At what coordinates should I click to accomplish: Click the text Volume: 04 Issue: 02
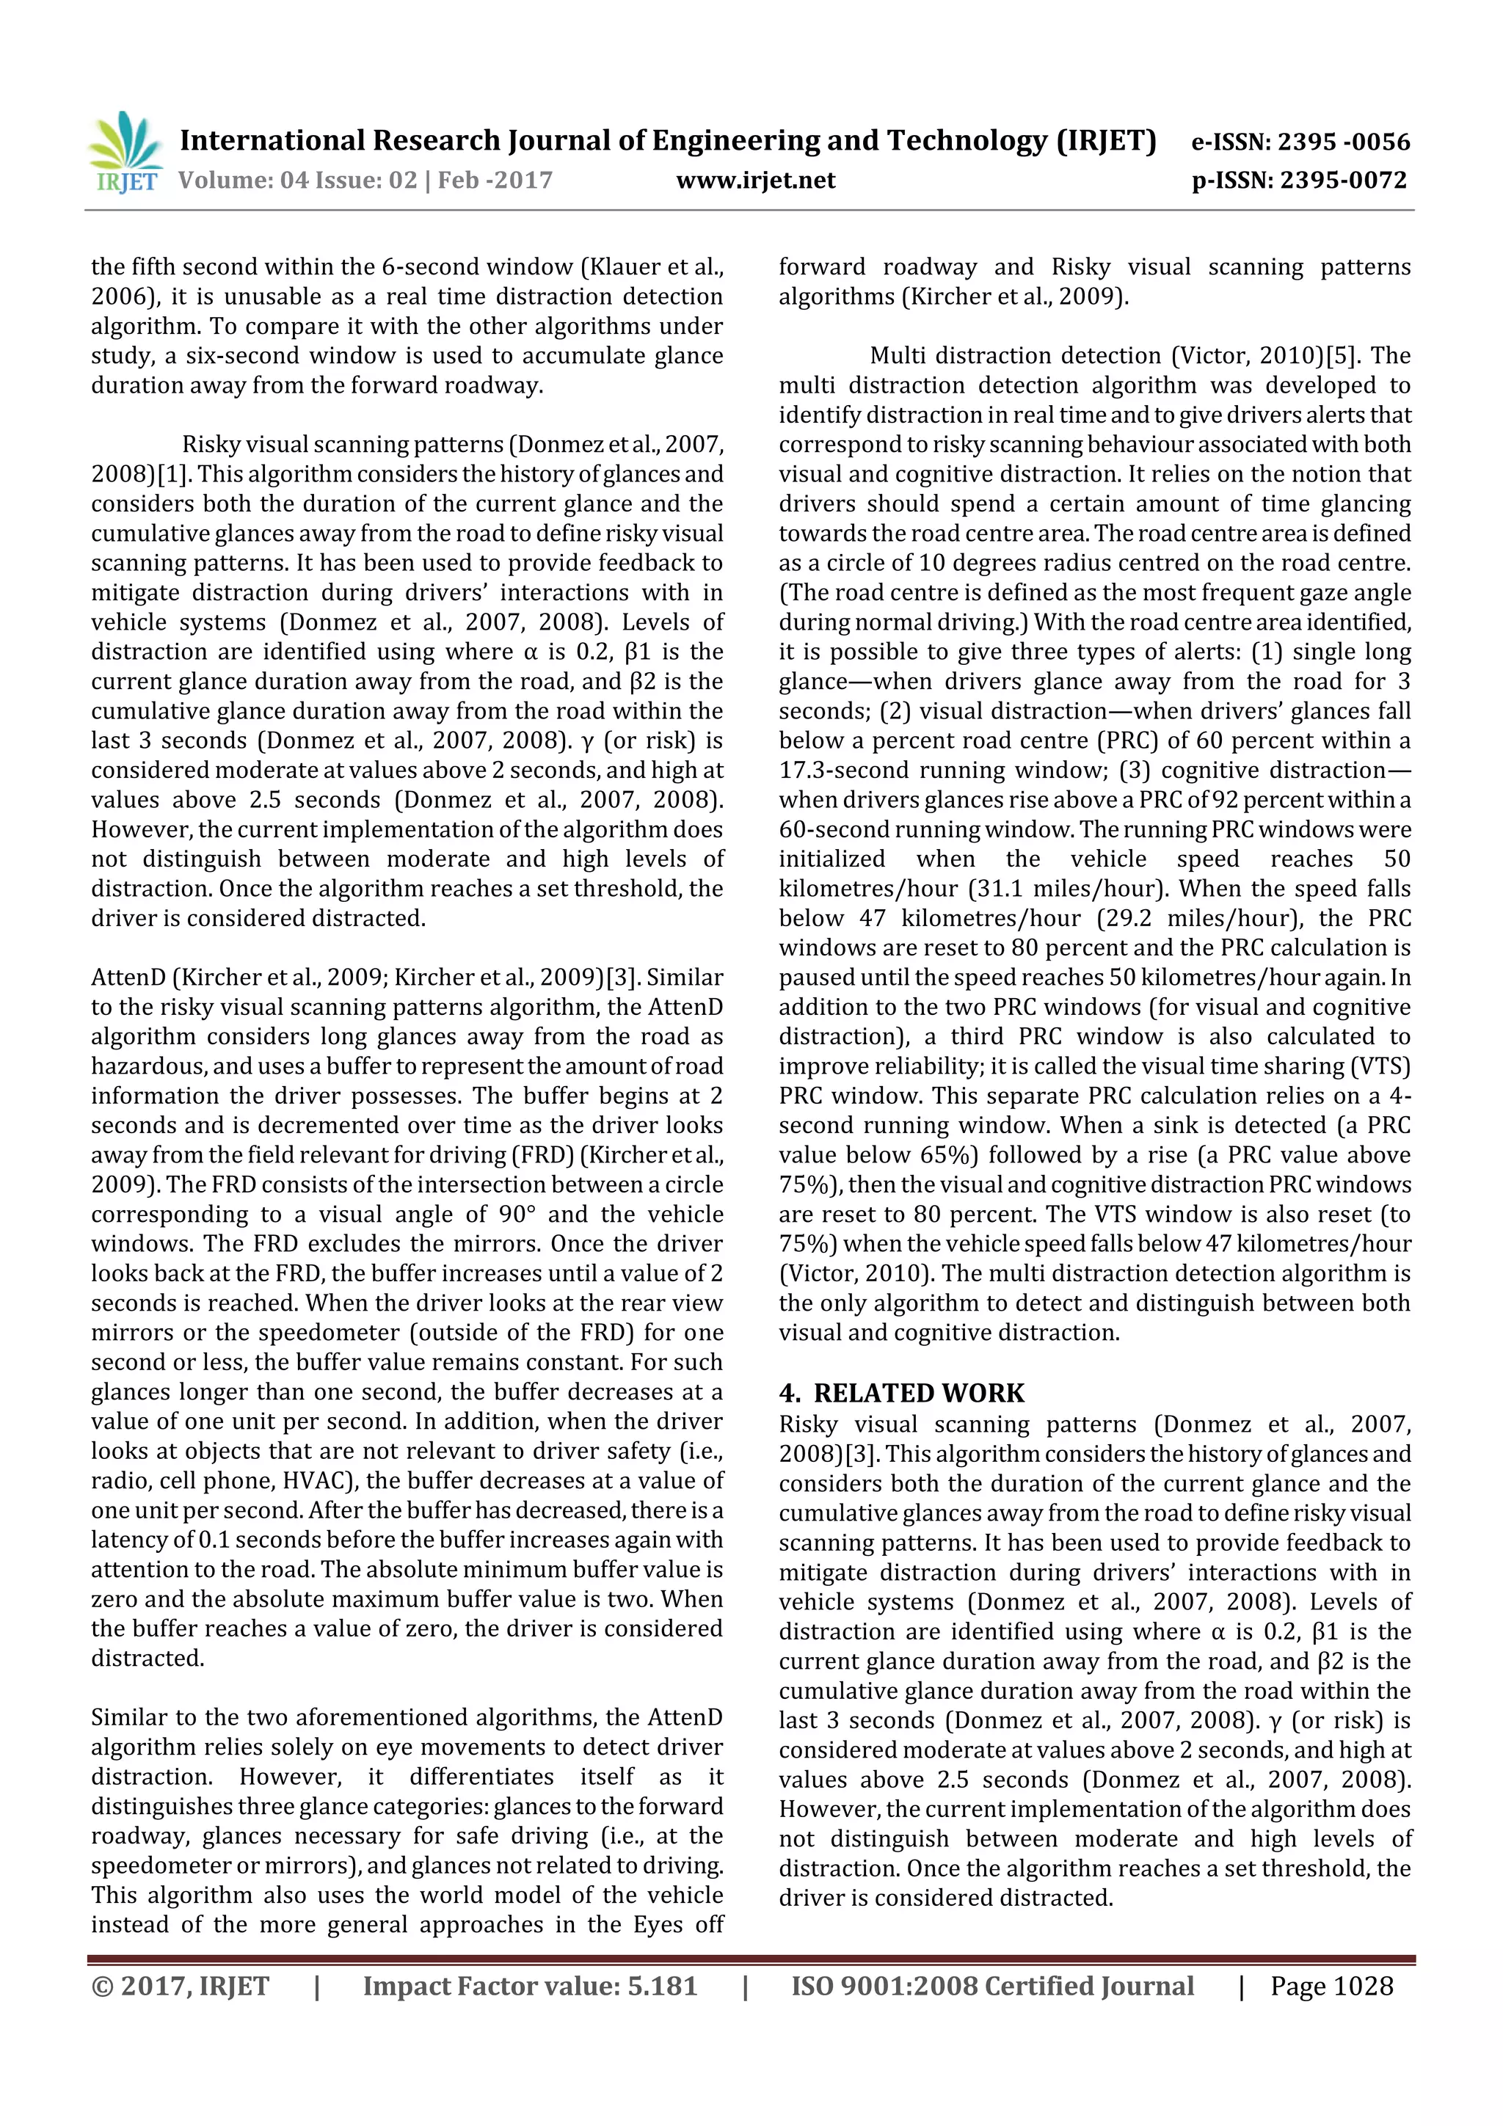click(x=297, y=180)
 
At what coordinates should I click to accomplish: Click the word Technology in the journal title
click(x=967, y=141)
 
